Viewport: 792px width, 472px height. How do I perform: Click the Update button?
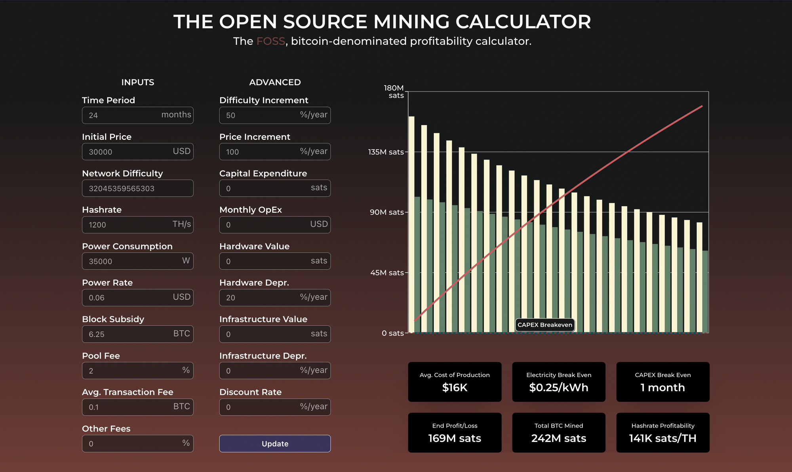(275, 443)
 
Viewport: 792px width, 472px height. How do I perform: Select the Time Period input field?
(137, 115)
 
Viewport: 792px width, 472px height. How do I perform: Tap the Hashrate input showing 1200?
(137, 225)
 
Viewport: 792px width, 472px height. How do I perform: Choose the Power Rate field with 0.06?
(137, 298)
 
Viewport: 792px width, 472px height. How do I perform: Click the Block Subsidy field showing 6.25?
(137, 334)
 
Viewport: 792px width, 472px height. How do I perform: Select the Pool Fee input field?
(137, 371)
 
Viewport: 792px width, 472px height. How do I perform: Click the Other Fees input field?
(137, 443)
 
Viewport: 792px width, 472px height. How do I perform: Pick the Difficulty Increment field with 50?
(275, 115)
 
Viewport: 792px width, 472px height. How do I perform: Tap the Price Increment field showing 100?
(275, 152)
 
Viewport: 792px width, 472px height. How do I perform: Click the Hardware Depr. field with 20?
(275, 298)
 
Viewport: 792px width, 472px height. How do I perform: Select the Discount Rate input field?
(275, 407)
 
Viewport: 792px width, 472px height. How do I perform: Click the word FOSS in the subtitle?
(270, 41)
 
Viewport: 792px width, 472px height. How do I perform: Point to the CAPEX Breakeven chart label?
(544, 325)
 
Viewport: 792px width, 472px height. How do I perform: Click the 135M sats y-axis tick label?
(386, 152)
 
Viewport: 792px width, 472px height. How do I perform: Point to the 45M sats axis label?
(386, 273)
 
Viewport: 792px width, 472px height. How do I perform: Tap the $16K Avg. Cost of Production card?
(455, 382)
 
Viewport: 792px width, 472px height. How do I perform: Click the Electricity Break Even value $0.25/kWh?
(558, 388)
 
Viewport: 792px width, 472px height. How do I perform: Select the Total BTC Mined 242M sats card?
(558, 433)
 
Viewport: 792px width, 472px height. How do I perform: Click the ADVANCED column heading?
(275, 82)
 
